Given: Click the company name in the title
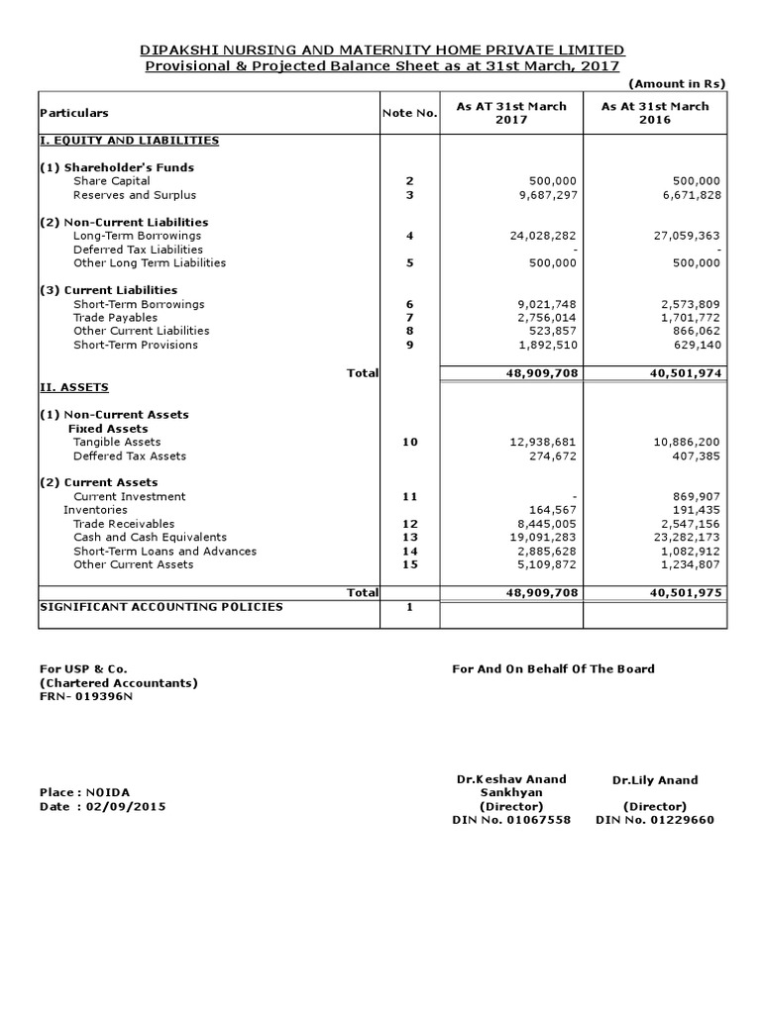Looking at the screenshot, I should click(381, 50).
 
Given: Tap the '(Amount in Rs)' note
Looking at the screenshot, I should click(678, 85).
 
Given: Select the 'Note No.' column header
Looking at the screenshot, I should click(409, 114).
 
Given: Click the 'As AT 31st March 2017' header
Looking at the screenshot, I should click(511, 113).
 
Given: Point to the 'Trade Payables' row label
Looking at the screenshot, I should click(115, 318).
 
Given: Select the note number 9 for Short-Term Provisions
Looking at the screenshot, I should click(409, 345).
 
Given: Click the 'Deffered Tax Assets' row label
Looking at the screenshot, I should click(129, 456).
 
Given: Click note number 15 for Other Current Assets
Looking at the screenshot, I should click(409, 564).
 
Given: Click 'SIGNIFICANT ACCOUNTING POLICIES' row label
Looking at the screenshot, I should click(161, 606).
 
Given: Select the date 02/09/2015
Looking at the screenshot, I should click(127, 806).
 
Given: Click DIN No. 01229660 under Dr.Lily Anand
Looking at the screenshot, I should click(655, 820).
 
